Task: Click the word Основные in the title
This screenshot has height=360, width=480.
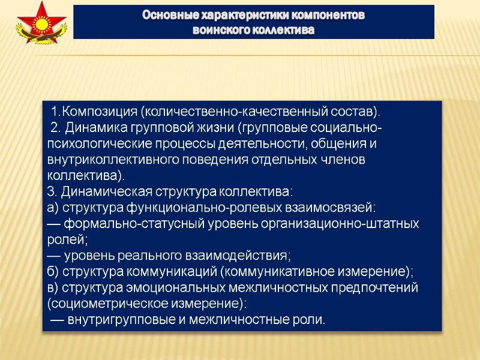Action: tap(167, 14)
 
